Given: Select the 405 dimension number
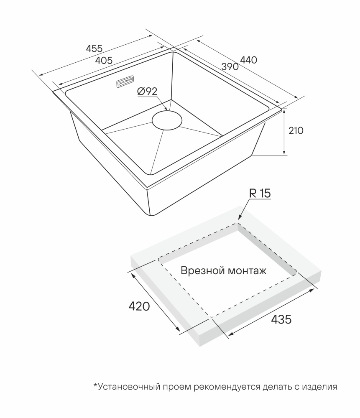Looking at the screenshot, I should pos(104,61).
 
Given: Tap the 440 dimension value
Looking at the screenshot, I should pos(248,60).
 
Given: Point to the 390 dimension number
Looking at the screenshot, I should pos(230,66).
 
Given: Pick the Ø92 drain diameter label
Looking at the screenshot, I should pos(147,91).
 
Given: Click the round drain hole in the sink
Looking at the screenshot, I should pos(167,120).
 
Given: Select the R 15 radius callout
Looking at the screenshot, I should pos(260,194).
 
